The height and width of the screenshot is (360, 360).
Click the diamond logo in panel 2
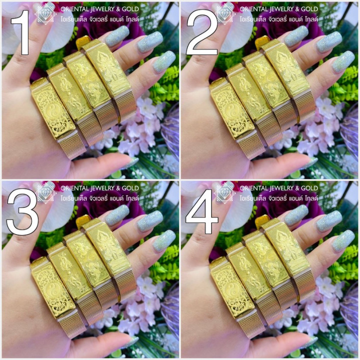224,14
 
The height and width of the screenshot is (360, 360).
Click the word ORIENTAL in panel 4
256,188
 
